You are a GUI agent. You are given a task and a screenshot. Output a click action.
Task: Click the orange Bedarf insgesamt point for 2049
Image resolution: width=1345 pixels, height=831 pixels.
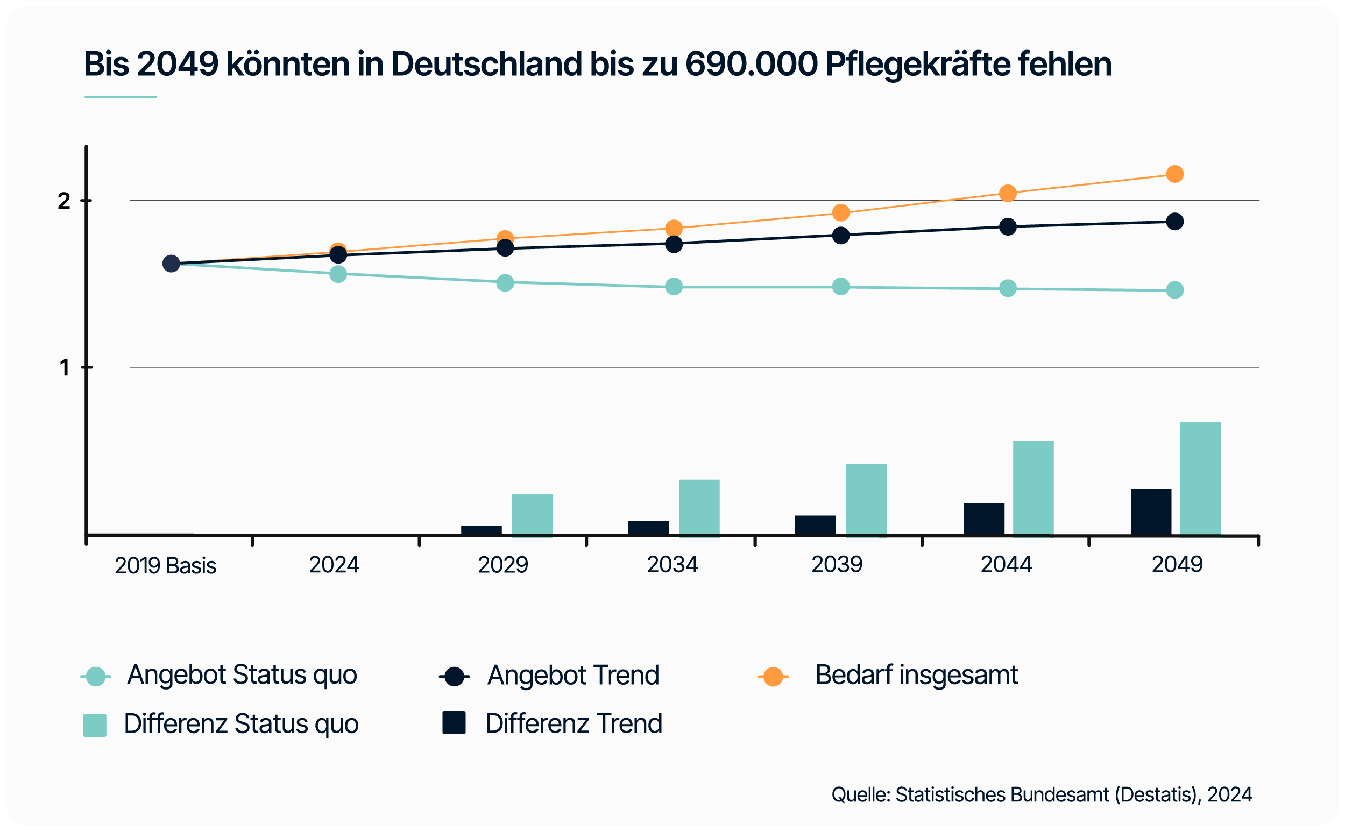[1174, 174]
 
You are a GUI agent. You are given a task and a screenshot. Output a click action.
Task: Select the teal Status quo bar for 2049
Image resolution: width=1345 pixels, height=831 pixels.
[1200, 478]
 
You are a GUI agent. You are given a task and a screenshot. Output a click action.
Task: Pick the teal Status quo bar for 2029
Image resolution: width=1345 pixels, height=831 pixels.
[532, 514]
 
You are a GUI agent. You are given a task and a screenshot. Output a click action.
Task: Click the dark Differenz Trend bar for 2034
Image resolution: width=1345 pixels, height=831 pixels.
[648, 527]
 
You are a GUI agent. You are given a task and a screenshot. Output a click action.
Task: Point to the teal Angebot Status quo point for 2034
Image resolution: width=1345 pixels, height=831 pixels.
[674, 286]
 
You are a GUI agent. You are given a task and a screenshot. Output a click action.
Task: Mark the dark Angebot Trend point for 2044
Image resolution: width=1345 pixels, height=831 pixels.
[1007, 226]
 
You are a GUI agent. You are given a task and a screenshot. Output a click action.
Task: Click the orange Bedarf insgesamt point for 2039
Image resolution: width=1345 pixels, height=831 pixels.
[840, 212]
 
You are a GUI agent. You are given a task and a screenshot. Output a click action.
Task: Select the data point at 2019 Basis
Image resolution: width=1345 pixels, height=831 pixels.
[171, 264]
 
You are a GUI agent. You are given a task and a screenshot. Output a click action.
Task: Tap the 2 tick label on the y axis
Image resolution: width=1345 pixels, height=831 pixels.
[64, 201]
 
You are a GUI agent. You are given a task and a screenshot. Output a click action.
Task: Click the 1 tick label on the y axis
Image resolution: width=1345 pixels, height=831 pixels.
[65, 368]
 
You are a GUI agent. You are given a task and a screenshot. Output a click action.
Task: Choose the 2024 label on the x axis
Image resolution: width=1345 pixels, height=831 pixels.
[334, 564]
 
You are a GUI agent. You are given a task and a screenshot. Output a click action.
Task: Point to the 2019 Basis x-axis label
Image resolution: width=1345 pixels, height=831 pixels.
[166, 565]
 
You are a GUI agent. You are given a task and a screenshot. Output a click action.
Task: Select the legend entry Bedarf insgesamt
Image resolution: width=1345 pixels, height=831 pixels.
[916, 675]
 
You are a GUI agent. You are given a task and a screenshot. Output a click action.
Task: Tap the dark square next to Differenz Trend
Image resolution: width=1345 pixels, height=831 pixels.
[454, 723]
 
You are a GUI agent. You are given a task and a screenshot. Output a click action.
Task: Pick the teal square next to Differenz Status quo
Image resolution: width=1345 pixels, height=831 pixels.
[95, 725]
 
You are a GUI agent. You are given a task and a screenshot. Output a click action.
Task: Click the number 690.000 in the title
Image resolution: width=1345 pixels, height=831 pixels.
[752, 65]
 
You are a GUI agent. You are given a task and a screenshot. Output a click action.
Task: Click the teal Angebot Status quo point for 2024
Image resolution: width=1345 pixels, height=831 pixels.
[338, 274]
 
